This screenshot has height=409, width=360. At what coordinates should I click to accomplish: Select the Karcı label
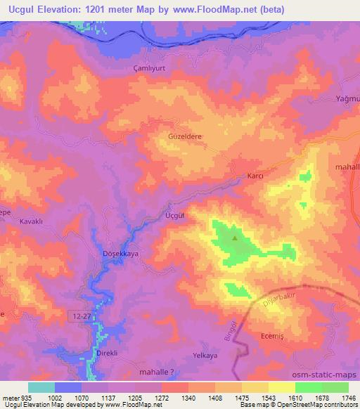255,176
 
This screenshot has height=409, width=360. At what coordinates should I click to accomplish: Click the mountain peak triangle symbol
235,238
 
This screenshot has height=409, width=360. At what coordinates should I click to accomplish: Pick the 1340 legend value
187,398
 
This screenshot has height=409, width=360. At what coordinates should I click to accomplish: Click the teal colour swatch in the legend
41,387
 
